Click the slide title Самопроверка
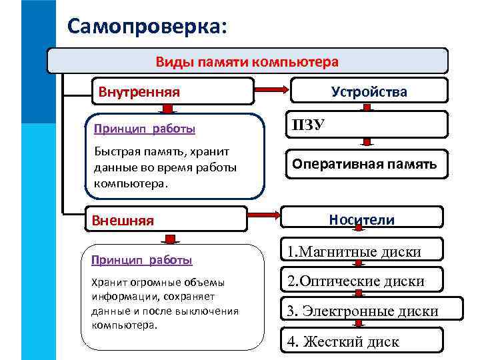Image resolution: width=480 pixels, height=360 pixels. [147, 26]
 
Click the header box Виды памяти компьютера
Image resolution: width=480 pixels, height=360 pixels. [247, 61]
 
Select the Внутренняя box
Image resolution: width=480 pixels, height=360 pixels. [172, 91]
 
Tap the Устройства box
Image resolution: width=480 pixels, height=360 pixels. [368, 92]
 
